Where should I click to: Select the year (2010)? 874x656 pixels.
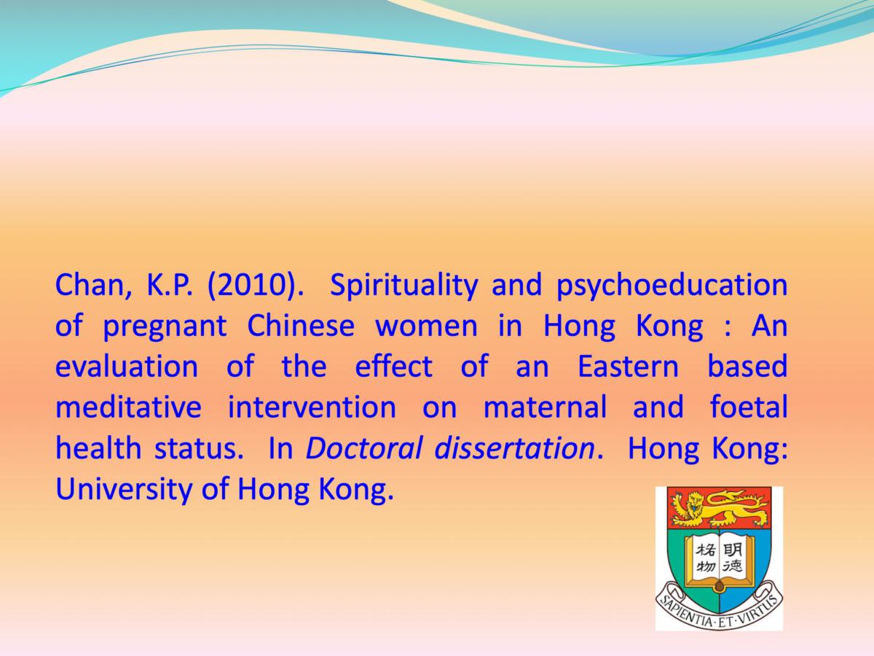255,286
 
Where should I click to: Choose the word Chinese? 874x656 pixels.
301,326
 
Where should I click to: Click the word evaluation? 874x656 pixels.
127,367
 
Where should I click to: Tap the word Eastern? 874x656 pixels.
628,367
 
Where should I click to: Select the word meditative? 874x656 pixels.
128,407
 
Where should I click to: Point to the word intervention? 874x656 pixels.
312,407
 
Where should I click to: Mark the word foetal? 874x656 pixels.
749,407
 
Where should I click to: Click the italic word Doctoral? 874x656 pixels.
364,448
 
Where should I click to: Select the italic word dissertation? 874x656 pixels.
515,448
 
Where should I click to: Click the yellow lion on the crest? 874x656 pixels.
720,507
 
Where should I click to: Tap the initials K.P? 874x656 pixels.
169,285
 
